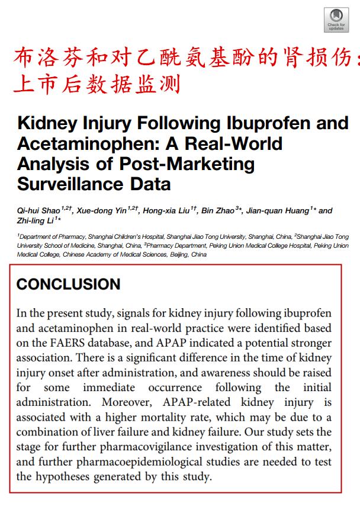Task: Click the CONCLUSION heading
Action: point(68,284)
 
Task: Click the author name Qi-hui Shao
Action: point(37,211)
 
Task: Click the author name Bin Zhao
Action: point(217,211)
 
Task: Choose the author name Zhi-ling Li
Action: point(34,221)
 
